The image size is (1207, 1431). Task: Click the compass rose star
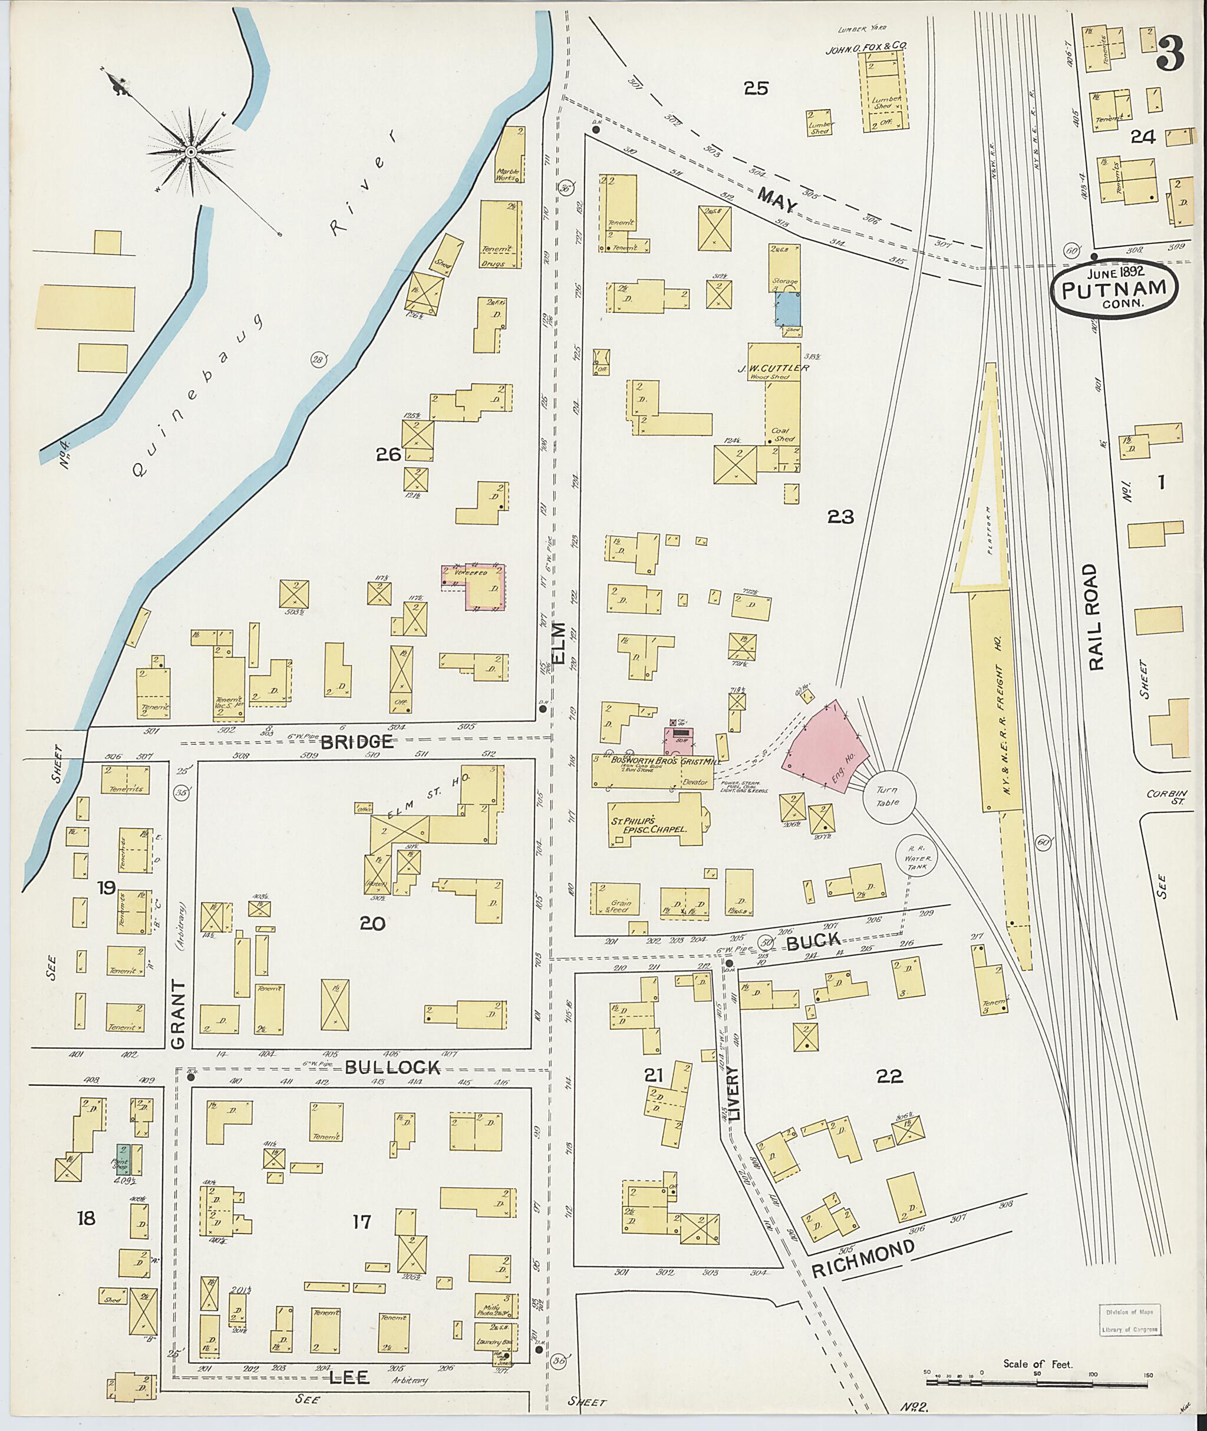pos(191,150)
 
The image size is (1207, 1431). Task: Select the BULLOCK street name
pos(392,1068)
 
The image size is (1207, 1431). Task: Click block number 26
pos(388,454)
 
